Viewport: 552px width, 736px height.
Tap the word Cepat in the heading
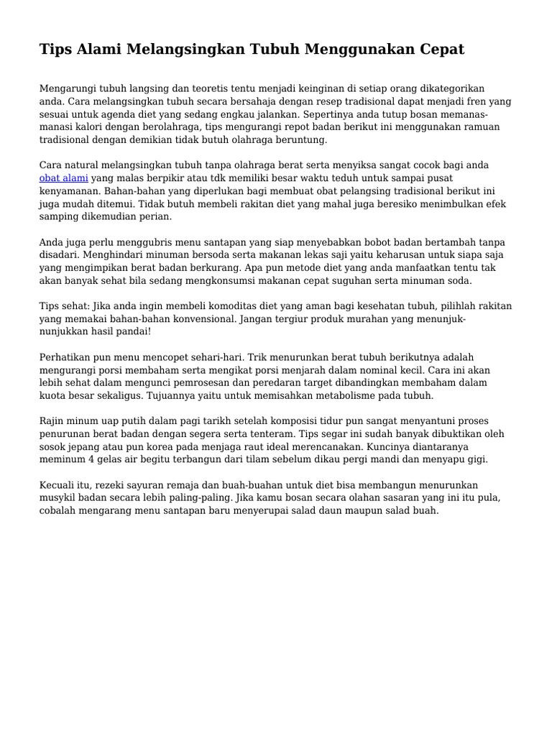point(436,50)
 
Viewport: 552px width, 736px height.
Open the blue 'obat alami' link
point(64,178)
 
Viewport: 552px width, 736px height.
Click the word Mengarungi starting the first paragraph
point(68,88)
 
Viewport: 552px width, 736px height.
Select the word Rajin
point(52,420)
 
